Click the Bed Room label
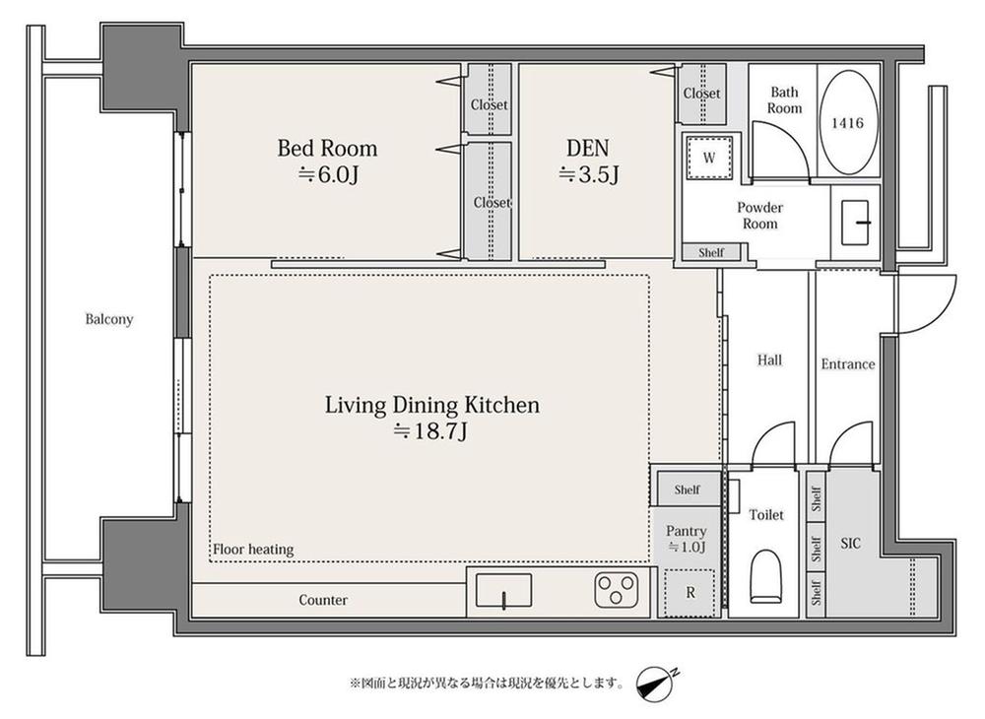[x=327, y=148]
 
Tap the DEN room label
[x=587, y=148]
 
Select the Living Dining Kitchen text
[x=432, y=405]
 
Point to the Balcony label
[x=109, y=319]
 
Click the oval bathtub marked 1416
[x=848, y=122]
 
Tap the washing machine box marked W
[x=709, y=157]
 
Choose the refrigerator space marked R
[x=689, y=592]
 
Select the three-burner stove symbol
[x=617, y=590]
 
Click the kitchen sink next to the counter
[x=503, y=591]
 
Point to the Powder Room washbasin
[x=855, y=223]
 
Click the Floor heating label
[x=253, y=550]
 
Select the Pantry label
[x=686, y=531]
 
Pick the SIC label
[x=850, y=543]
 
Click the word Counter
[x=323, y=600]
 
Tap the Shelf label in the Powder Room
[x=711, y=252]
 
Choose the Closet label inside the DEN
[x=701, y=93]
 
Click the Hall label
[x=769, y=359]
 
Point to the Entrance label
[x=847, y=364]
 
